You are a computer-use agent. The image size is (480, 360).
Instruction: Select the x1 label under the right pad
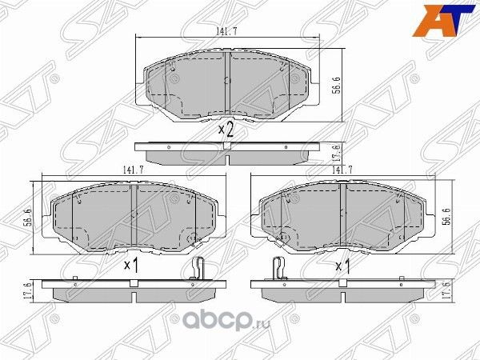(342, 266)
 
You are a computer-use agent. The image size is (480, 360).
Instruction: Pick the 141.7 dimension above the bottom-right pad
(342, 170)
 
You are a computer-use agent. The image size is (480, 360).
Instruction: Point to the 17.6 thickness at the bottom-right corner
(446, 289)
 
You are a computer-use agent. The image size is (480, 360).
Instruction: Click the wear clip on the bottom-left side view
(201, 270)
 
